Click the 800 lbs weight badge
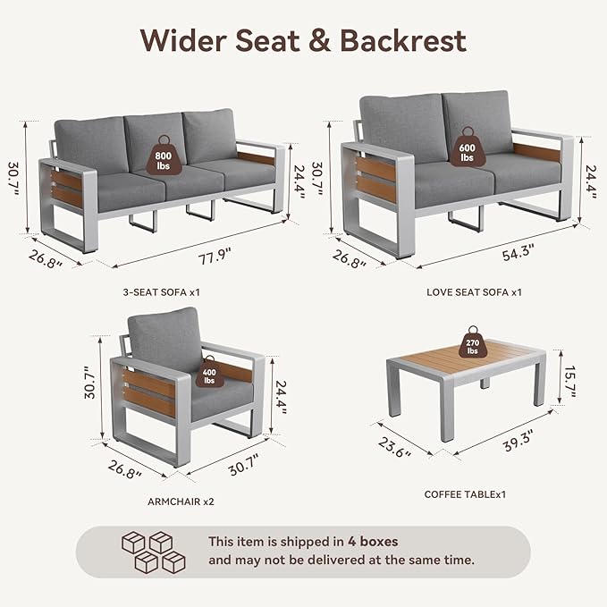tap(164, 156)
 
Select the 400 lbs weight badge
tap(209, 372)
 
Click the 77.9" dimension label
tap(214, 257)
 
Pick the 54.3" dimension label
tap(518, 252)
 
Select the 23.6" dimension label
tap(394, 447)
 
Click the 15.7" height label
tap(570, 382)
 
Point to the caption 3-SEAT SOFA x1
tap(162, 292)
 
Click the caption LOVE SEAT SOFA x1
tap(474, 292)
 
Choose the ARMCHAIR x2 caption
tap(181, 502)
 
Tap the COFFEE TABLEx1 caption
tap(465, 494)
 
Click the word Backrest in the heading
tap(403, 40)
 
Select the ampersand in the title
tap(319, 40)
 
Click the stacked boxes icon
tap(154, 552)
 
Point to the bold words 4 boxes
tap(373, 541)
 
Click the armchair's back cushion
tap(164, 339)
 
